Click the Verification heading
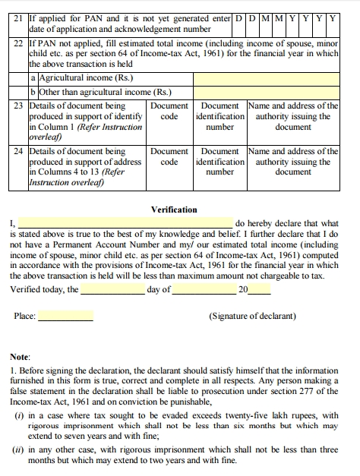point(174,210)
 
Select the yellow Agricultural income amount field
point(266,77)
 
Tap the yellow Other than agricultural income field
point(266,92)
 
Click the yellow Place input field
point(66,316)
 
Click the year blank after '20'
point(259,289)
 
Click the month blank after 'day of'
point(205,289)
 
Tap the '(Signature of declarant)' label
point(253,317)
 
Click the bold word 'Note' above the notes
point(20,356)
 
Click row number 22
point(19,45)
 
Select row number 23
point(19,106)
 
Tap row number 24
point(19,151)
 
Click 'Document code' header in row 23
point(169,111)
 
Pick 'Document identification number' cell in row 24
point(220,162)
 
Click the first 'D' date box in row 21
point(239,16)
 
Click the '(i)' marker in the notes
point(19,415)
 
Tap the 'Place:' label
point(25,317)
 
